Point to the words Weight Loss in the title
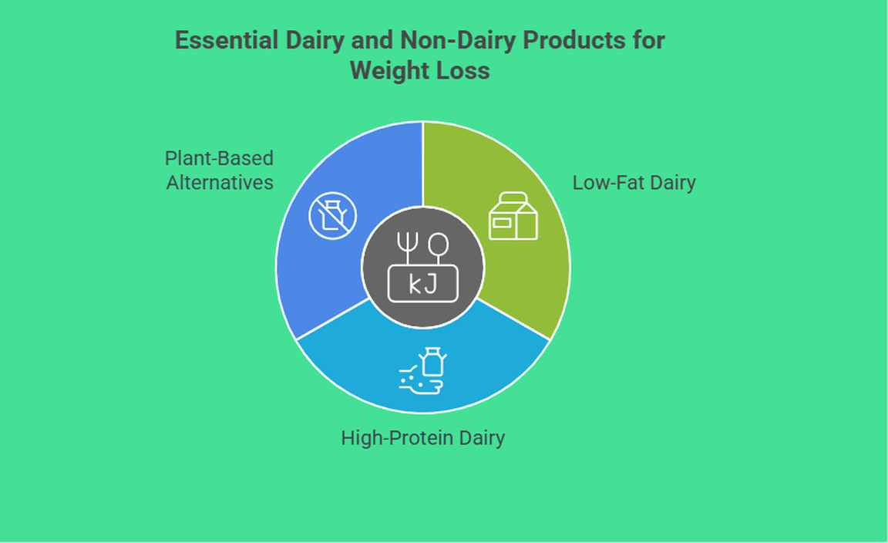[x=419, y=71]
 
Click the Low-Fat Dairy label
[x=634, y=183]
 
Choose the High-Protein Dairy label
[x=422, y=438]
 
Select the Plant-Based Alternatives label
[x=219, y=170]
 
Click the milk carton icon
[x=513, y=216]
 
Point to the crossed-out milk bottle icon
[x=332, y=215]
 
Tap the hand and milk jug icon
[x=422, y=371]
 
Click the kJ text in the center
[x=422, y=285]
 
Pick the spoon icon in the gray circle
[x=439, y=248]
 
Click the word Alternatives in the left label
[x=220, y=183]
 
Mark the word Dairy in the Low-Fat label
[x=673, y=183]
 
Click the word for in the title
[x=650, y=40]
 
